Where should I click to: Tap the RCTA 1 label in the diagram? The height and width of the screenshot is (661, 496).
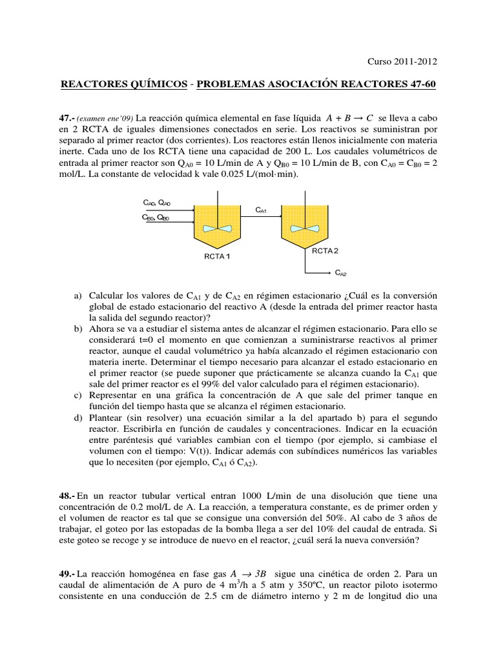point(217,256)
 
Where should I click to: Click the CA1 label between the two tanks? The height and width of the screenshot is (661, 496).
point(262,210)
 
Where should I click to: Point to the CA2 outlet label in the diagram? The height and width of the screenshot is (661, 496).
point(341,274)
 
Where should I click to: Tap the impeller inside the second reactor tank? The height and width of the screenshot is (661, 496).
point(305,228)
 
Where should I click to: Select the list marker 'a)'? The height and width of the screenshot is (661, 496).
point(79,295)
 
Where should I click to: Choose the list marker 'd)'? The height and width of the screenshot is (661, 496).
point(79,418)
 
